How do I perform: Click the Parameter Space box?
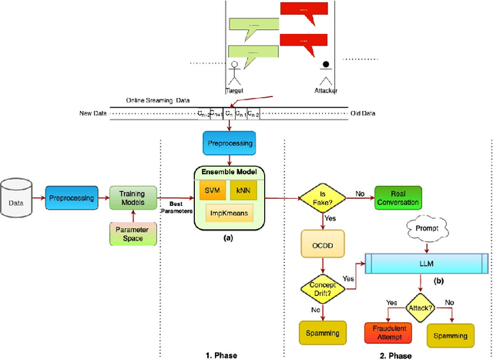(x=132, y=234)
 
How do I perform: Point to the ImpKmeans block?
(x=227, y=214)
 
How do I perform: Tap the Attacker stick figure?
(x=326, y=71)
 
